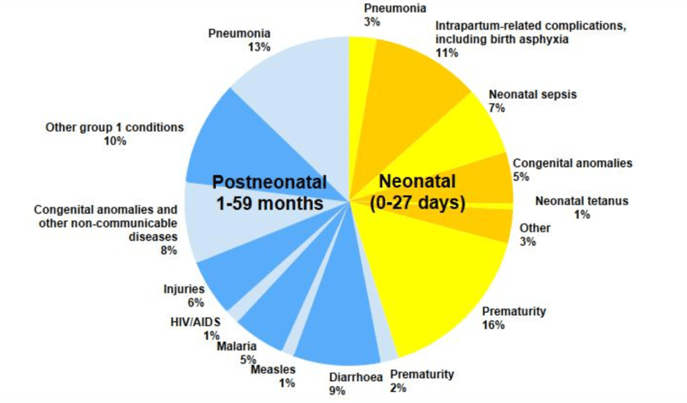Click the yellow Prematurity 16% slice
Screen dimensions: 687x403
434,272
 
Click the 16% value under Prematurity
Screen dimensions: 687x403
493,325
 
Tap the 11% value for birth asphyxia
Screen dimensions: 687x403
446,53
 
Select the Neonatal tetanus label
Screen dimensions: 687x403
582,201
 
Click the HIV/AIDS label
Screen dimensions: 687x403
195,322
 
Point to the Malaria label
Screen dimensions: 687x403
236,347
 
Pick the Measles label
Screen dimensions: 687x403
273,369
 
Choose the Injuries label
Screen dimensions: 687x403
184,289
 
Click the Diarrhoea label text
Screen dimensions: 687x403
356,377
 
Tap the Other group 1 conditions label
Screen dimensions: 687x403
115,127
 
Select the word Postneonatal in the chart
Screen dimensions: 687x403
269,182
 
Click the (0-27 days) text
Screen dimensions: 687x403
418,203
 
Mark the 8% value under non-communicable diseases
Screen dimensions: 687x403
169,251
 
